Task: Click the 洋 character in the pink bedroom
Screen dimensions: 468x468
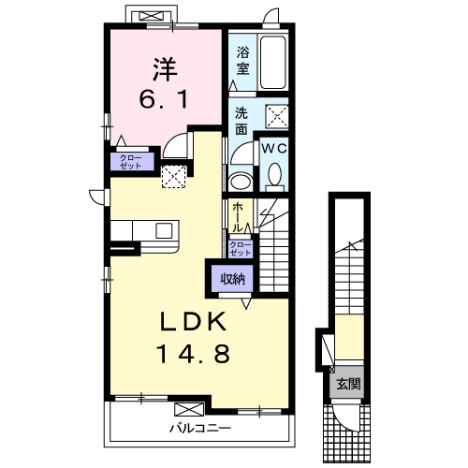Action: (165, 69)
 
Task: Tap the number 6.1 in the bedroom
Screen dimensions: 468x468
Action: (164, 99)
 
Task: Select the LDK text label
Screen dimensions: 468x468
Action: (194, 322)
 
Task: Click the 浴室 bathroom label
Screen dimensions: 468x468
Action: (242, 60)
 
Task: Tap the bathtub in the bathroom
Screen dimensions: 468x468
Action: (273, 63)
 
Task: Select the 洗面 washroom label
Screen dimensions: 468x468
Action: (241, 121)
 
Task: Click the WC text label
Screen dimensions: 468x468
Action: (274, 149)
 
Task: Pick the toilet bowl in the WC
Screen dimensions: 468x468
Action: (274, 174)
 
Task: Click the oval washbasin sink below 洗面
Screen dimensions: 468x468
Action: (241, 181)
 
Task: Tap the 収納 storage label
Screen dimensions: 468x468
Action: (233, 279)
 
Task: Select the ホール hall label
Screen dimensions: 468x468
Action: (238, 217)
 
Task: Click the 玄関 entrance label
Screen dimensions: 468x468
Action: (348, 384)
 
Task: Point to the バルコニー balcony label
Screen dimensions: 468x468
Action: (200, 428)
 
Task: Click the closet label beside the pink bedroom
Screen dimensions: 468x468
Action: (131, 162)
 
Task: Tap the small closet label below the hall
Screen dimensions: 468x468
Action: (241, 249)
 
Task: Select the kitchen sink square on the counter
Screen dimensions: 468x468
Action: (164, 231)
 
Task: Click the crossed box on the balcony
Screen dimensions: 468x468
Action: (189, 409)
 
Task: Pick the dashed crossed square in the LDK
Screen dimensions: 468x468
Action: (174, 177)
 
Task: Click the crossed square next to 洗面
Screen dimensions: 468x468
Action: (277, 116)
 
